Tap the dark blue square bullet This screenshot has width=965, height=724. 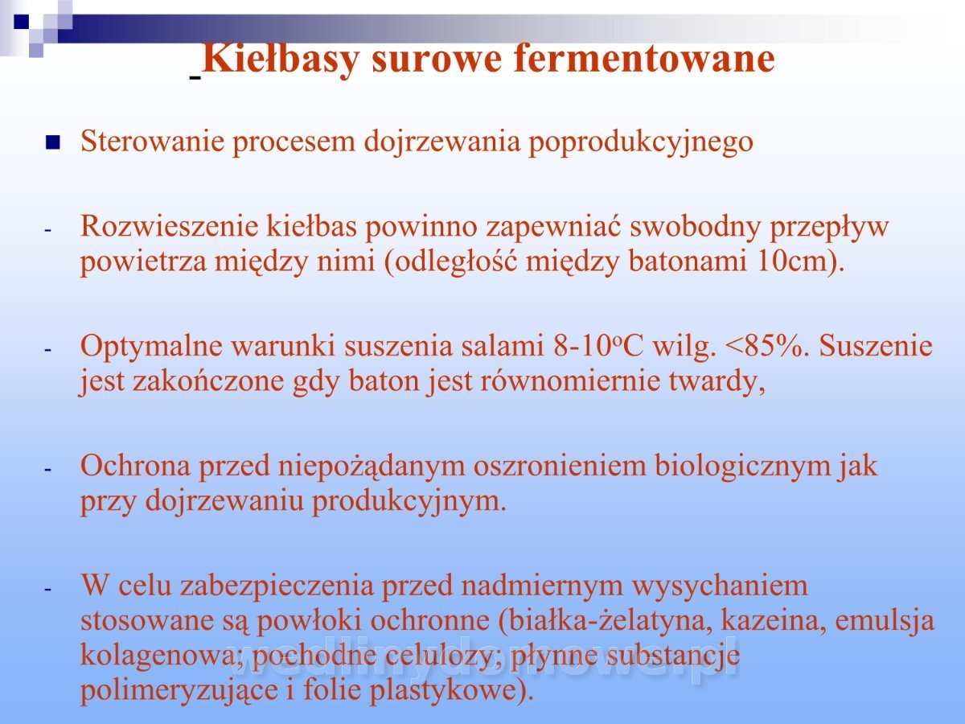52,142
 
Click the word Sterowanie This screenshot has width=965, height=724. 153,141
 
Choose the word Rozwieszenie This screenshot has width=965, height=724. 169,226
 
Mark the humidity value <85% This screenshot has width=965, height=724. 765,346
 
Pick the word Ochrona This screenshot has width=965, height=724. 135,465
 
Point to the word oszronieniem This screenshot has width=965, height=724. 560,465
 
